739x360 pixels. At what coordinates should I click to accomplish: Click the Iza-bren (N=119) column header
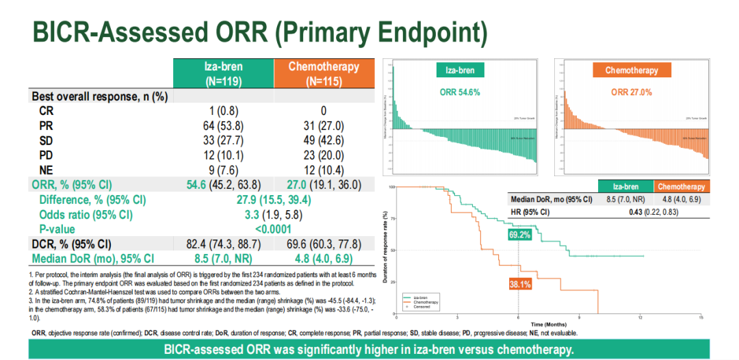(224, 73)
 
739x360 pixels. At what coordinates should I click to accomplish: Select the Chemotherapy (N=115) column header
(324, 73)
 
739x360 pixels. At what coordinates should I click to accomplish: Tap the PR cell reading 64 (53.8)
(224, 125)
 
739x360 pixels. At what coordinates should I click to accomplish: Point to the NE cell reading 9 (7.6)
(224, 170)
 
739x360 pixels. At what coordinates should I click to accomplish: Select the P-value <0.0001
(274, 229)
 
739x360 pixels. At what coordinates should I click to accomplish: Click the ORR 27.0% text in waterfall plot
(632, 92)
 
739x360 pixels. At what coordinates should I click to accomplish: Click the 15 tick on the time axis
(701, 318)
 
